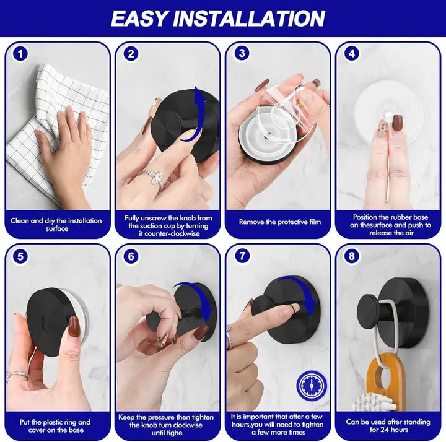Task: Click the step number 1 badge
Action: (20, 54)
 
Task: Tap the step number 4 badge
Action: (352, 54)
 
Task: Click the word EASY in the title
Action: (141, 18)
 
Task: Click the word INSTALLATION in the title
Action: (251, 18)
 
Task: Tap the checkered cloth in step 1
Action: (50, 124)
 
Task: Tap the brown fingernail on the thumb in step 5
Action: (74, 326)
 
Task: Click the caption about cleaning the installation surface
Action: (57, 223)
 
